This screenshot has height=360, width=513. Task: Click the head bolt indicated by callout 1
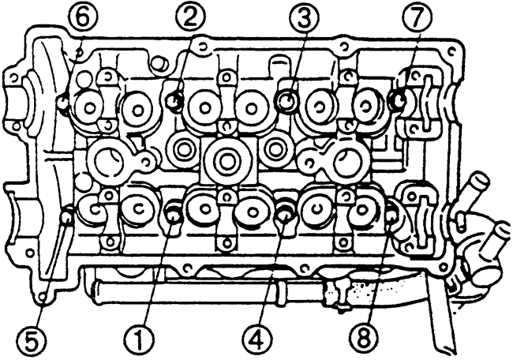(173, 215)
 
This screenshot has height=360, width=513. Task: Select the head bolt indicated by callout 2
(175, 99)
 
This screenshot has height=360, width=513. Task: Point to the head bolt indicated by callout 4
(285, 215)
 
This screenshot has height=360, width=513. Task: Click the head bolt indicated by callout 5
(67, 216)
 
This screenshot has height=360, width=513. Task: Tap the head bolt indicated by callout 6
(63, 102)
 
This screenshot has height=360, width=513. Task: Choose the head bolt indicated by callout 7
(398, 99)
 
